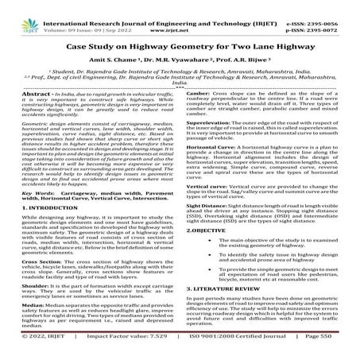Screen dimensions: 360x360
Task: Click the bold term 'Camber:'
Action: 199,103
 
